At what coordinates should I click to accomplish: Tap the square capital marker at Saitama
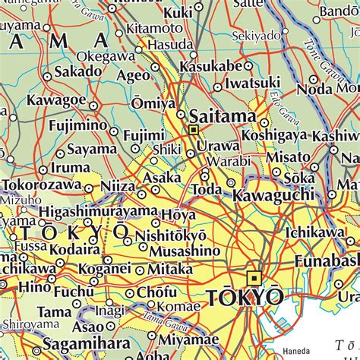tap(194, 131)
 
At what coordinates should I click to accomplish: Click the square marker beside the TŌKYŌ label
tap(254, 278)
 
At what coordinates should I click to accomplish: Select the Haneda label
tap(295, 351)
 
